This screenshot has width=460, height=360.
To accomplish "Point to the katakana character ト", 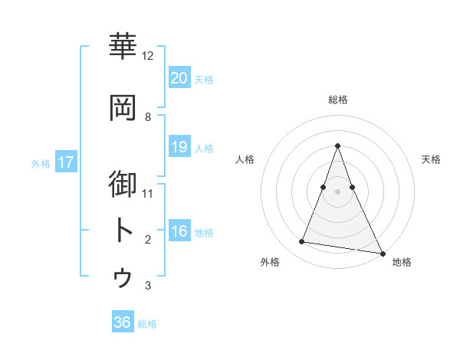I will point(123,230).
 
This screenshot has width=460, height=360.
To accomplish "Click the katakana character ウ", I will point(123,277).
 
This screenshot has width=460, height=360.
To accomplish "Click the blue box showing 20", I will point(179,77).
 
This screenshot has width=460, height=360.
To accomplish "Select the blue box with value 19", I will point(179,146).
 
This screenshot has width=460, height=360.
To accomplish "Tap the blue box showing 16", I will point(179,231).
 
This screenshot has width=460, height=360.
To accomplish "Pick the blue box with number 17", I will point(65,162).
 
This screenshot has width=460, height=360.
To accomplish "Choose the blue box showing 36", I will point(123,322).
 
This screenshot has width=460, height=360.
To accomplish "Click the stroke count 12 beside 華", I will point(148,56).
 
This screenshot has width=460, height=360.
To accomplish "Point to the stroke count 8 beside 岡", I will point(148,117).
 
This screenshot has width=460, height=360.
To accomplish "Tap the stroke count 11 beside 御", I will point(148,194).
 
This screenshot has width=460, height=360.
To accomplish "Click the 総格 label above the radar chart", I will point(338,100).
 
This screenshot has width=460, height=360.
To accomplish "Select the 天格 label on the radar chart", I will point(431,159).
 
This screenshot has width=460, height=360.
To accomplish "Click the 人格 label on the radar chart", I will point(245,159).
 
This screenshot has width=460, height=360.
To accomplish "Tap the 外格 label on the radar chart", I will point(270,262).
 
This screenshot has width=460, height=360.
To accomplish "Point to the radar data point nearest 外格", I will point(302,242).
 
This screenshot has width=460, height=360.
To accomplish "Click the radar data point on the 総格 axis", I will point(338,146).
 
